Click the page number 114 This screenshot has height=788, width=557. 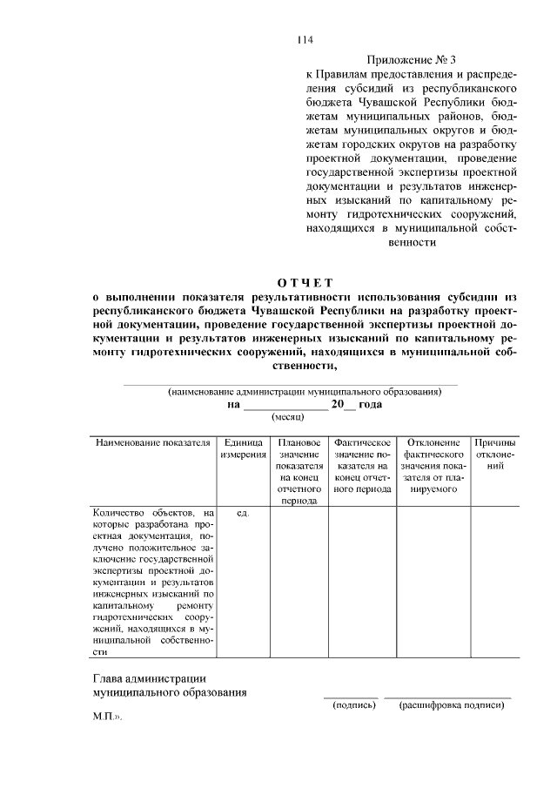pyautogui.click(x=305, y=39)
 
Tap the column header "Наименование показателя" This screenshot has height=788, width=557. pyautogui.click(x=153, y=442)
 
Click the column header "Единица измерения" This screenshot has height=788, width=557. pyautogui.click(x=243, y=448)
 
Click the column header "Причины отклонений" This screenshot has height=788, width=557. pyautogui.click(x=495, y=455)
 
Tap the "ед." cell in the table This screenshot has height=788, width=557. pyautogui.click(x=243, y=514)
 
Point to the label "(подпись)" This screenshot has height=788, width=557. pyautogui.click(x=353, y=704)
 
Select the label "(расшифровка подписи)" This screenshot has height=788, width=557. pyautogui.click(x=452, y=704)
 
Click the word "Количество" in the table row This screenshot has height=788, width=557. pyautogui.click(x=119, y=514)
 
